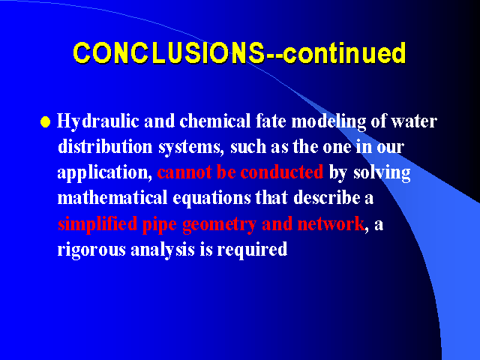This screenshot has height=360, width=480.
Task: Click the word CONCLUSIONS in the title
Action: pyautogui.click(x=169, y=53)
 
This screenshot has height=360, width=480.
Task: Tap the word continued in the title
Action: pyautogui.click(x=345, y=53)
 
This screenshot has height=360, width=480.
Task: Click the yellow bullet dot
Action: pyautogui.click(x=45, y=121)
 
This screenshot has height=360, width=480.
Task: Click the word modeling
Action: pyautogui.click(x=328, y=121)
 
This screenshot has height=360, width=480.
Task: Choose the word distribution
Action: pyautogui.click(x=105, y=147)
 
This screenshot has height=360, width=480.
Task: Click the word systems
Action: pyautogui.click(x=191, y=148)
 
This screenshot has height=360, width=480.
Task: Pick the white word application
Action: pyautogui.click(x=104, y=173)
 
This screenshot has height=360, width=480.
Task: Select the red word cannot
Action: pyautogui.click(x=184, y=172)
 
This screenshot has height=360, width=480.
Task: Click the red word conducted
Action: pyautogui.click(x=282, y=172)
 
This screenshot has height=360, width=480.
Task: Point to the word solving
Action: pyautogui.click(x=382, y=173)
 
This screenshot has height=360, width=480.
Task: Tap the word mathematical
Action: pyautogui.click(x=112, y=198)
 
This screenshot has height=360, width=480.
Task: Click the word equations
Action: pyautogui.click(x=211, y=199)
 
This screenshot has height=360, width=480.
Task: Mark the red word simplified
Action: pyautogui.click(x=97, y=224)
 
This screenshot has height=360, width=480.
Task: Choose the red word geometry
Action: pyautogui.click(x=219, y=225)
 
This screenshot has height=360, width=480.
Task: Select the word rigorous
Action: pyautogui.click(x=91, y=250)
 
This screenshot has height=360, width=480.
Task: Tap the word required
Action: pyautogui.click(x=252, y=250)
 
